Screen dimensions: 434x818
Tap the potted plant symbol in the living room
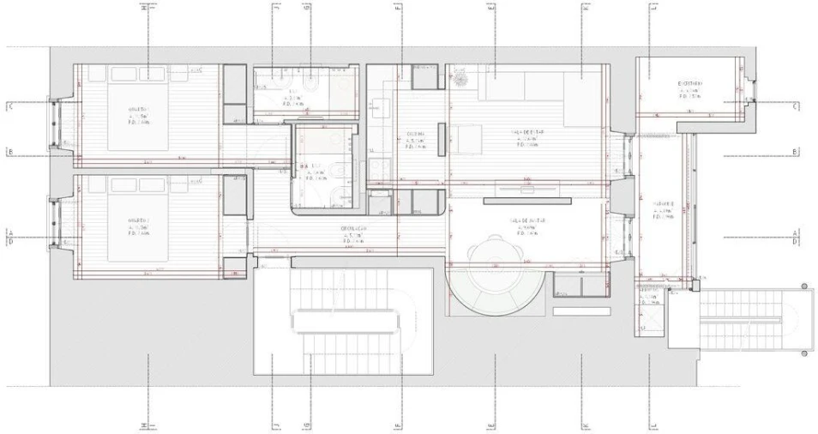pos(461,79)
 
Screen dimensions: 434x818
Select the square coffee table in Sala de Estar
pos(468,139)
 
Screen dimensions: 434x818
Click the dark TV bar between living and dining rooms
pos(526,202)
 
